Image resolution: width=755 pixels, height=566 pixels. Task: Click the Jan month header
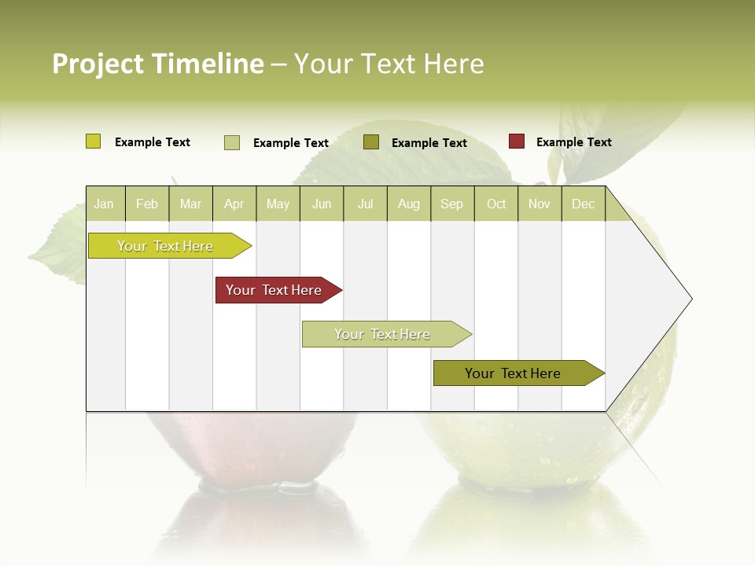click(x=105, y=204)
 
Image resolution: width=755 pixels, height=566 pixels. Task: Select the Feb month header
click(x=147, y=204)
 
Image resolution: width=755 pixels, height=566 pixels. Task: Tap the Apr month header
click(x=234, y=204)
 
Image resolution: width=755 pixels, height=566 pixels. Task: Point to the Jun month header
click(x=322, y=204)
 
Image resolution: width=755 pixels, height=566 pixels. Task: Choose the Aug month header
click(x=409, y=204)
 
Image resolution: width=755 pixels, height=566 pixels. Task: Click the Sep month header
click(x=452, y=204)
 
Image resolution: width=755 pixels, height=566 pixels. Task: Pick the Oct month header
click(x=496, y=204)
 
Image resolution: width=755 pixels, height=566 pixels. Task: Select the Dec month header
click(x=584, y=204)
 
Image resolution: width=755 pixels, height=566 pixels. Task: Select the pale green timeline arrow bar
click(x=384, y=334)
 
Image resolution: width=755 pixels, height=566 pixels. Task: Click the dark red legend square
click(x=517, y=141)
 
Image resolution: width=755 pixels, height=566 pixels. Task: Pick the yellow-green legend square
click(x=94, y=141)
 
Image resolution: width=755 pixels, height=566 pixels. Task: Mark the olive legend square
click(x=371, y=142)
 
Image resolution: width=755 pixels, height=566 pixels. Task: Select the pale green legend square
click(x=232, y=142)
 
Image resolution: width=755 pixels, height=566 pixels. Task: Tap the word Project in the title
click(x=98, y=64)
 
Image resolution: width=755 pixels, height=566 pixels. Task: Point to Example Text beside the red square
click(x=573, y=142)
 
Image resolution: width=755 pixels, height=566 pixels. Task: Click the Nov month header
click(x=540, y=204)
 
